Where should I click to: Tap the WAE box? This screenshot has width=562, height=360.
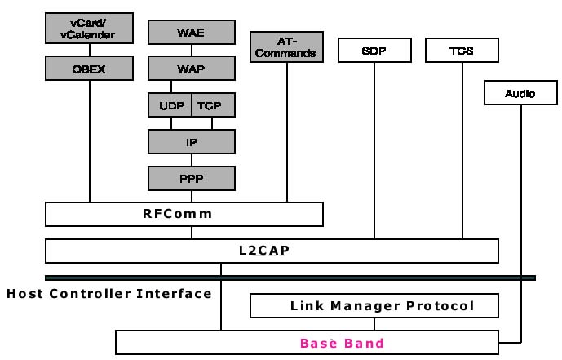pyautogui.click(x=191, y=33)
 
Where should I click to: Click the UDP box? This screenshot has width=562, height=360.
pyautogui.click(x=170, y=104)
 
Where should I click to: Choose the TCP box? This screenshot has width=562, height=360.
pyautogui.click(x=213, y=104)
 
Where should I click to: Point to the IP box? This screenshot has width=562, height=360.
pyautogui.click(x=191, y=141)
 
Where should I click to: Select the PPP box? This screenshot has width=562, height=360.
pyautogui.click(x=191, y=177)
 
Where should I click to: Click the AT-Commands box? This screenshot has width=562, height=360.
pyautogui.click(x=285, y=46)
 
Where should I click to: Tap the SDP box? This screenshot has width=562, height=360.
pyautogui.click(x=374, y=51)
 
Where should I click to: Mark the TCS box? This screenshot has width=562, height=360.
pyautogui.click(x=462, y=51)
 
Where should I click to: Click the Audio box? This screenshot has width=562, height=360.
pyautogui.click(x=520, y=93)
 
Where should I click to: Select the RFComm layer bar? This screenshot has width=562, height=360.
pyautogui.click(x=184, y=214)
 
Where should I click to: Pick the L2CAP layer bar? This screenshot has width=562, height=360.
pyautogui.click(x=272, y=251)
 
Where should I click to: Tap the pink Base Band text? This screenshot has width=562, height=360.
pyautogui.click(x=342, y=343)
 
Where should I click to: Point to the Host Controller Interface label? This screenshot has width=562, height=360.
pyautogui.click(x=109, y=293)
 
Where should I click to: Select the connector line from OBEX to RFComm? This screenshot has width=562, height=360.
pyautogui.click(x=90, y=139)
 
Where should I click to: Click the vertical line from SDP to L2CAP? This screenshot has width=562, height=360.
pyautogui.click(x=374, y=151)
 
